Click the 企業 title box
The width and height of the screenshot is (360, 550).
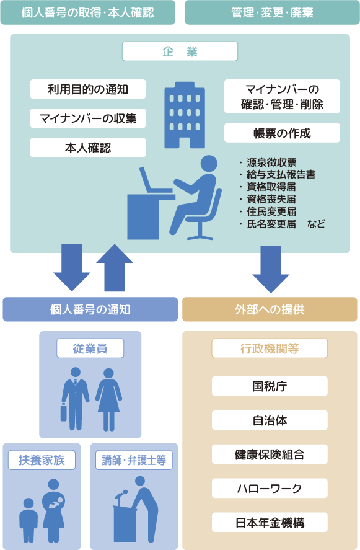pyautogui.click(x=180, y=51)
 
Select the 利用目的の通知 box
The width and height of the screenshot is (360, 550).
pyautogui.click(x=88, y=89)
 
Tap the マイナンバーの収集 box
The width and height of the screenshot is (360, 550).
pyautogui.click(x=88, y=118)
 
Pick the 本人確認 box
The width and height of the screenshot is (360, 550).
pyautogui.click(x=88, y=148)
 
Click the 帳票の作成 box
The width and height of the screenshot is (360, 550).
pyautogui.click(x=282, y=133)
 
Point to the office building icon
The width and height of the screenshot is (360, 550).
pyautogui.click(x=185, y=115)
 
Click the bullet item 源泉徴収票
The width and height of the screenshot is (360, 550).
pyautogui.click(x=271, y=162)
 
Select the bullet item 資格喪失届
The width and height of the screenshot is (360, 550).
pyautogui.click(x=271, y=199)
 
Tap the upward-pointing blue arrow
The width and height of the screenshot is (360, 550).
pyautogui.click(x=115, y=268)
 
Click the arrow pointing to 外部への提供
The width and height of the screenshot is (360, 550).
pyautogui.click(x=271, y=269)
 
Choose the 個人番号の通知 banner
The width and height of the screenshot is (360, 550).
pyautogui.click(x=90, y=309)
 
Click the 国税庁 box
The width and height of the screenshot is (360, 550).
pyautogui.click(x=270, y=386)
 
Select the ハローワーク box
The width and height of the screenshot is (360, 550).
pyautogui.click(x=270, y=488)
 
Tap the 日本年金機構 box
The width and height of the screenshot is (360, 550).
pyautogui.click(x=270, y=522)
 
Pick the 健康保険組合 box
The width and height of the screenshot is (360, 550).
pyautogui.click(x=270, y=455)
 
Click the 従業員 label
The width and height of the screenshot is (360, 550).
pyautogui.click(x=90, y=348)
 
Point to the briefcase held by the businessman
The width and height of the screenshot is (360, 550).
pyautogui.click(x=64, y=412)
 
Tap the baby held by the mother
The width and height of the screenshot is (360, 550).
pyautogui.click(x=55, y=503)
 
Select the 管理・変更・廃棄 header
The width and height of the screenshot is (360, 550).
pyautogui.click(x=273, y=12)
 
